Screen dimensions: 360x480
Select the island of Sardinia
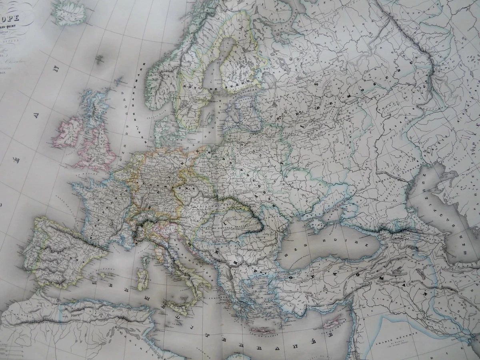pos(142,280)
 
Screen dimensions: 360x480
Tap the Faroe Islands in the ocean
pos(99,60)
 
